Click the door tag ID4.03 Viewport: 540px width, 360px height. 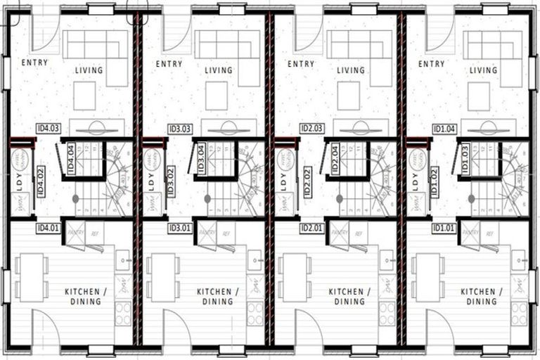pos(48,129)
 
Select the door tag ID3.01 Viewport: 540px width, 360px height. pos(179,228)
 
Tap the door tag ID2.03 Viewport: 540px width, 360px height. pos(311,129)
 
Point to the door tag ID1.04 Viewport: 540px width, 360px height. pos(444,129)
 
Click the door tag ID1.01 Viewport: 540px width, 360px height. pos(444,228)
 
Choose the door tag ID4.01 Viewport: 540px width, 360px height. pos(48,228)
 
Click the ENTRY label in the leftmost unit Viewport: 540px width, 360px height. pos(34,63)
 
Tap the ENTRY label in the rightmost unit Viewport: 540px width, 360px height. pos(431,63)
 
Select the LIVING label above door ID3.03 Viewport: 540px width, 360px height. pos(219,70)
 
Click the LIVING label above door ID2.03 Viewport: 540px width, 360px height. pos(351,70)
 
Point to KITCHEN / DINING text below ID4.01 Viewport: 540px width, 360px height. pos(82,296)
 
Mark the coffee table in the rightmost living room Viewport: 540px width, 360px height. pos(479,95)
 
